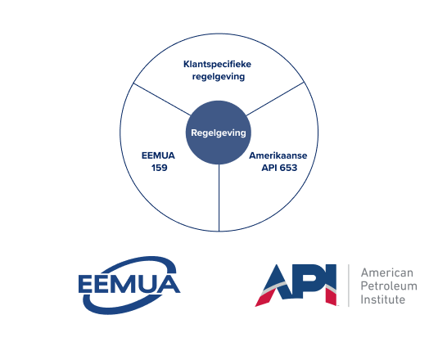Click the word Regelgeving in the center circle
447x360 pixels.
[x=219, y=133]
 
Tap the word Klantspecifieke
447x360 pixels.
[x=217, y=65]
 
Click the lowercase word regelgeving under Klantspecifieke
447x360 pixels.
[x=219, y=77]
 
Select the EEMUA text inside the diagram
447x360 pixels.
[x=158, y=155]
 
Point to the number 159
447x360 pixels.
[x=159, y=168]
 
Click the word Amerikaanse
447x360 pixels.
[x=278, y=155]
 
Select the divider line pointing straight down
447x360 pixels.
[x=219, y=198]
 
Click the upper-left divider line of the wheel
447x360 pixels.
[x=162, y=99]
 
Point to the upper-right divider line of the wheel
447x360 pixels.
[x=275, y=99]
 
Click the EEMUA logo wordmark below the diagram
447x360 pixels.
[x=129, y=284]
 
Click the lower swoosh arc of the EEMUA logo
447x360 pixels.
[x=120, y=307]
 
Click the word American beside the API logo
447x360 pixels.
[x=387, y=272]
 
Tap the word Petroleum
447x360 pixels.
[x=389, y=286]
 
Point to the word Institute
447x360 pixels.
[x=382, y=299]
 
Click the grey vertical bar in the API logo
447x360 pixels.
[x=349, y=286]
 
